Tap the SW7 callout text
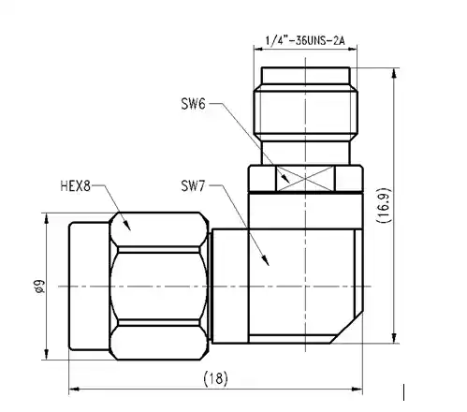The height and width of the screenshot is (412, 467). click(195, 187)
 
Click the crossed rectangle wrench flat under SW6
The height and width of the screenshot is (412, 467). click(304, 177)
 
